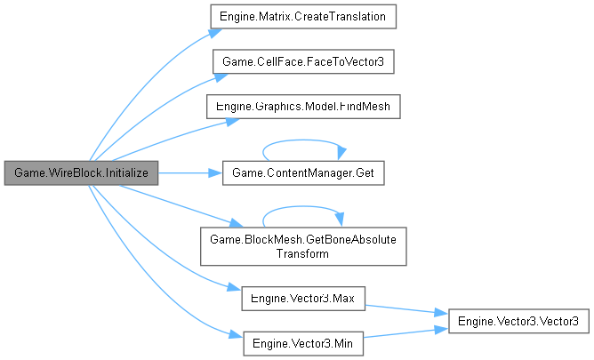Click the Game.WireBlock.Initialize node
[x=81, y=172]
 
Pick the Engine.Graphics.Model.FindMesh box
[x=303, y=107]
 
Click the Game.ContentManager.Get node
[x=303, y=172]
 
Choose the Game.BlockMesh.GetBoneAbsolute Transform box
[x=303, y=246]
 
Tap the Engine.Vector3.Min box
[x=303, y=341]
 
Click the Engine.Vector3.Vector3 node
[x=518, y=319]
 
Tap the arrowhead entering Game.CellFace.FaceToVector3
[x=214, y=76]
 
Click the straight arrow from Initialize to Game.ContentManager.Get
[x=187, y=172]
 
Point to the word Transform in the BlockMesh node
[x=303, y=254]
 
